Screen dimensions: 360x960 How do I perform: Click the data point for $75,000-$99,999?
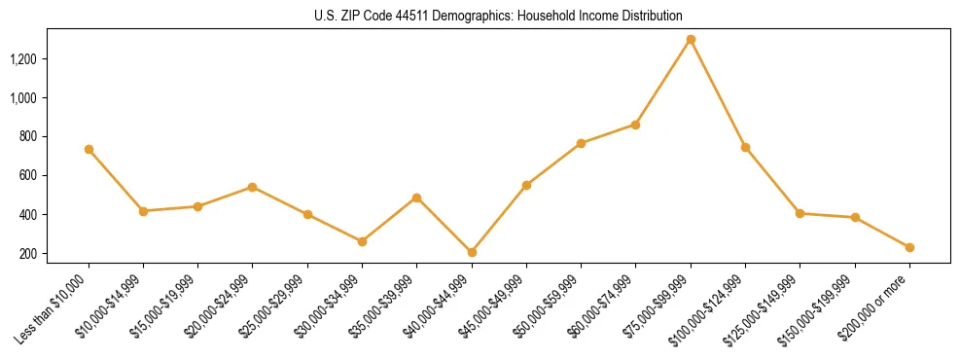click(x=691, y=40)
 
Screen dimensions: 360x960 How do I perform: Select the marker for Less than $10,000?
click(x=89, y=149)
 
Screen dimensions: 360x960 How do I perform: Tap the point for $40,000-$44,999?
click(x=472, y=252)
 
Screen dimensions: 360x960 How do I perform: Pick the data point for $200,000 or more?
click(x=909, y=247)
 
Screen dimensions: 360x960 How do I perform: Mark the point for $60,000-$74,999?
click(x=635, y=125)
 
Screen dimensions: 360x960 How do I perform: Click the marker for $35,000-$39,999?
click(x=416, y=198)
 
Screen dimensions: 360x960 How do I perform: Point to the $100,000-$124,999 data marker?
click(x=745, y=147)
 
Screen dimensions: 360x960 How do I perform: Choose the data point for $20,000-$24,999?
click(x=253, y=187)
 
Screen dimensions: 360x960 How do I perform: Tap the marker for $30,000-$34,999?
click(x=362, y=241)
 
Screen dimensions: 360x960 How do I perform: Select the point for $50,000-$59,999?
click(x=581, y=143)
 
